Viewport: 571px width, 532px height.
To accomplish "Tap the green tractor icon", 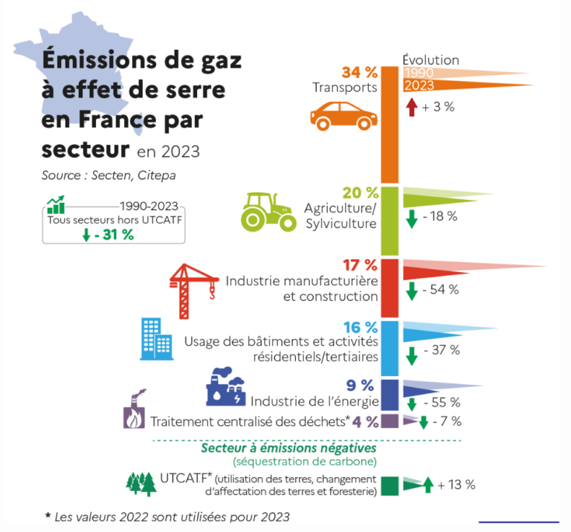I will [269, 212].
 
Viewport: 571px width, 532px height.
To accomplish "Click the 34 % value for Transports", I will [360, 72].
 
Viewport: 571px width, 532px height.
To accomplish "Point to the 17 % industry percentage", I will [361, 265].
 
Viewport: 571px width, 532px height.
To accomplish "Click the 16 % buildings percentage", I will [361, 327].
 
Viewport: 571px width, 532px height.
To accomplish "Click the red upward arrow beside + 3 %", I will [411, 107].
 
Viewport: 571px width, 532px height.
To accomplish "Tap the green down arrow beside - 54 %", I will [411, 290].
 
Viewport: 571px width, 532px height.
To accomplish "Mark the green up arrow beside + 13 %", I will [428, 485].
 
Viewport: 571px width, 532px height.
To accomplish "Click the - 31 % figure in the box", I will [113, 236].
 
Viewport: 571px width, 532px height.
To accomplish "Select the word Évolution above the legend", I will [430, 59].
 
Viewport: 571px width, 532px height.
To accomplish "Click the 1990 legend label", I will [419, 73].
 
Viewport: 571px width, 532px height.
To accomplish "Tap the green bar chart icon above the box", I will [56, 204].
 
